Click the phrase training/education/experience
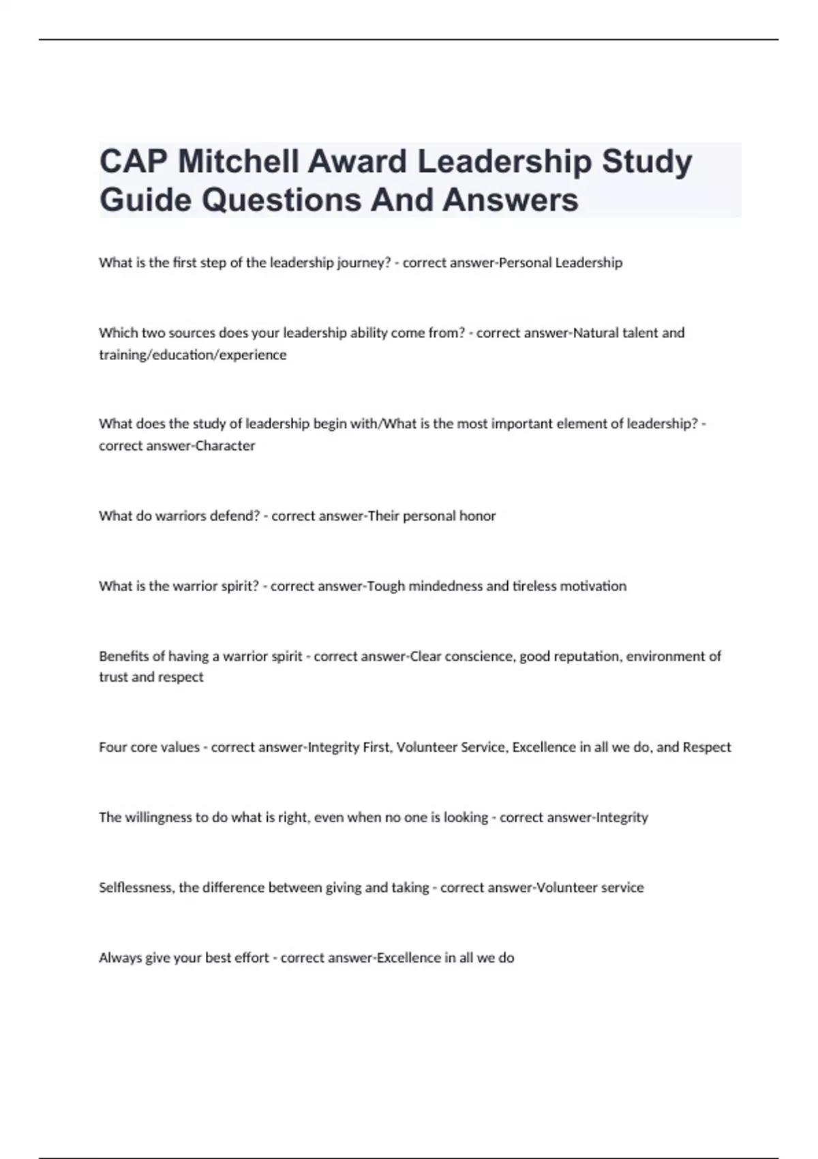click(193, 355)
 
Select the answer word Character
click(225, 446)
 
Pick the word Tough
click(386, 586)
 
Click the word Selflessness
click(137, 888)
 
